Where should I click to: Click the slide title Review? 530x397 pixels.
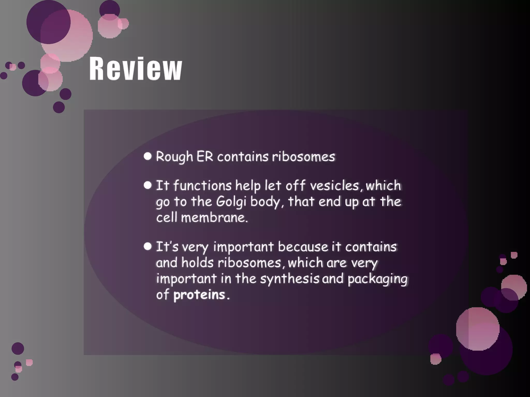pyautogui.click(x=136, y=69)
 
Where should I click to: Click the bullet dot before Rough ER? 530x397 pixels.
pyautogui.click(x=148, y=156)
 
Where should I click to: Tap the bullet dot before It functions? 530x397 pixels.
pyautogui.click(x=148, y=185)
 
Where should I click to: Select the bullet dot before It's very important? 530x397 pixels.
pyautogui.click(x=148, y=246)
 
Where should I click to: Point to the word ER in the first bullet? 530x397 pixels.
pyautogui.click(x=205, y=157)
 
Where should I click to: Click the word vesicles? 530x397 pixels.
pyautogui.click(x=334, y=186)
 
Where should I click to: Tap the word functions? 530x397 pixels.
pyautogui.click(x=202, y=186)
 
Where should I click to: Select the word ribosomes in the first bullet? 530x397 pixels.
pyautogui.click(x=303, y=157)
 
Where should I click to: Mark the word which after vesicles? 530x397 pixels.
pyautogui.click(x=383, y=186)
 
